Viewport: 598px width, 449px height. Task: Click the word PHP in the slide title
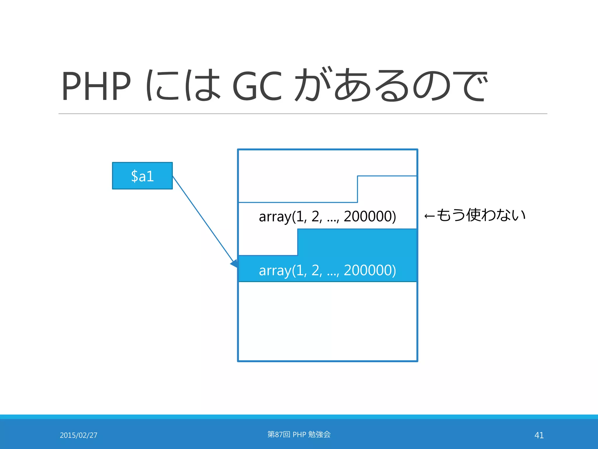(x=96, y=86)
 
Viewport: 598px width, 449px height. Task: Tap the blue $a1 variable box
(x=142, y=176)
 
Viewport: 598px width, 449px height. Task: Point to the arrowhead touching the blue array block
(x=234, y=264)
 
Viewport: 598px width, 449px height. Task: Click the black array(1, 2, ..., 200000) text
(x=327, y=217)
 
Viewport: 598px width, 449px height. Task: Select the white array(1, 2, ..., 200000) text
(x=327, y=270)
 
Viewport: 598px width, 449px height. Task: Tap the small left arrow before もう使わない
(x=430, y=216)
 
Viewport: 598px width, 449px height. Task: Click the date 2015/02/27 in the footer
(x=79, y=435)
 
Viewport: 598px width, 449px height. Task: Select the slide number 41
(x=539, y=435)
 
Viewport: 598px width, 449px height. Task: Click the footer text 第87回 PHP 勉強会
(x=299, y=435)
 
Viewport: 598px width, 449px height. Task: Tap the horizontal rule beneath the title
(x=303, y=114)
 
